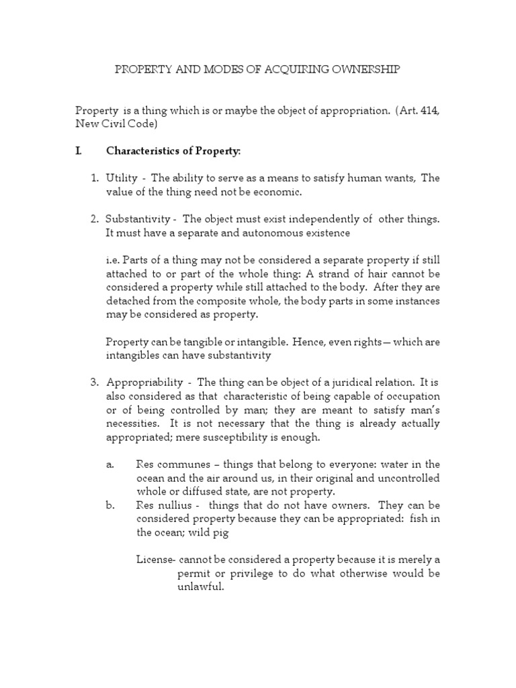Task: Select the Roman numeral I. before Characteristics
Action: coord(79,151)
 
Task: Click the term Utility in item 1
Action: coord(122,178)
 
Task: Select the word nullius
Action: coord(176,505)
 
